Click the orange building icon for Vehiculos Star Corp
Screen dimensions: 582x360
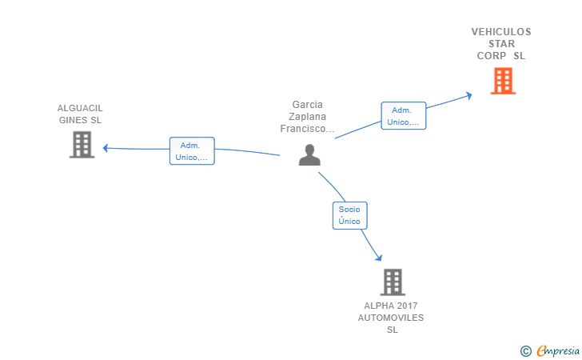click(503, 81)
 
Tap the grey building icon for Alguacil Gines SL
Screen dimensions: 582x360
click(82, 145)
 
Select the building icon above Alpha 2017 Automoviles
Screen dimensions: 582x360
click(393, 282)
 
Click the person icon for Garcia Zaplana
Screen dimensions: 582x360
click(309, 154)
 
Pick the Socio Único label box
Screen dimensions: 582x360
click(349, 215)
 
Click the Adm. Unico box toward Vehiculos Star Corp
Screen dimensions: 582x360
click(404, 115)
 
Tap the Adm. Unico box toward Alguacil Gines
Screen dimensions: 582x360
click(192, 151)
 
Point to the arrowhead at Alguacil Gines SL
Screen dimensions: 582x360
click(106, 148)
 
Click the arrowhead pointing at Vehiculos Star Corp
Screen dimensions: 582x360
click(469, 96)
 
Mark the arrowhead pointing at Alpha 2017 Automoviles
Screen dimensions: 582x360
click(379, 257)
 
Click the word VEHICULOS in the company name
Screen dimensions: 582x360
click(501, 32)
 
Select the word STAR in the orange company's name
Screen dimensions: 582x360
click(501, 44)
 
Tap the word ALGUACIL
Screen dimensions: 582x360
click(80, 108)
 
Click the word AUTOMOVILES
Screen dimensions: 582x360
click(391, 318)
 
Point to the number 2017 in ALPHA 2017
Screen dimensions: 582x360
click(406, 306)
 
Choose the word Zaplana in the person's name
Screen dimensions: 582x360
click(307, 117)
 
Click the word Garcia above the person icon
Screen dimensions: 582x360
click(307, 105)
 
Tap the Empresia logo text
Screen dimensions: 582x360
click(558, 350)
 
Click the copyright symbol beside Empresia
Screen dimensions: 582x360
click(526, 351)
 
